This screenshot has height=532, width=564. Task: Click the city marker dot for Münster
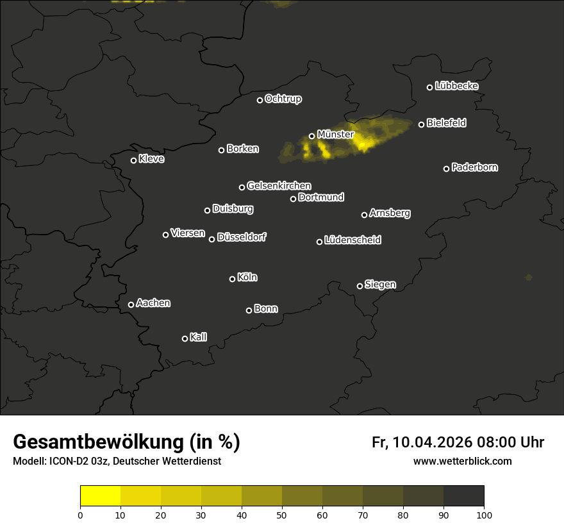[312, 136]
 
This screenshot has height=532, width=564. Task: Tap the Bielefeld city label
[446, 123]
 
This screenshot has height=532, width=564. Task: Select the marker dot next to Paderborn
[447, 169]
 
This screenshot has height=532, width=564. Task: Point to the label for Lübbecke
[456, 86]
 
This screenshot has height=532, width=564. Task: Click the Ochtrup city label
[283, 99]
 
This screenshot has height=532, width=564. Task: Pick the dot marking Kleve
[134, 160]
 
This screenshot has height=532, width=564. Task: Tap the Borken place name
[242, 149]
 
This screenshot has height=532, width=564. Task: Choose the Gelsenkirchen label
[279, 186]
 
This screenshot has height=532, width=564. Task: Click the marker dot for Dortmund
[294, 199]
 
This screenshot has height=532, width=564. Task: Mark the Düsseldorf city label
[242, 237]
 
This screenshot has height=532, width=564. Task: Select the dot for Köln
[233, 279]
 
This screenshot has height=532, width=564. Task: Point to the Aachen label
[153, 303]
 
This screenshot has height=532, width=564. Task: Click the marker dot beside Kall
[185, 338]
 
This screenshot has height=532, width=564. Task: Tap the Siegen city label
[380, 285]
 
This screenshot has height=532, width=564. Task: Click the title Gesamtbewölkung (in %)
[126, 442]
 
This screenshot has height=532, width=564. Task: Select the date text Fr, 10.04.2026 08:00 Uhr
[458, 442]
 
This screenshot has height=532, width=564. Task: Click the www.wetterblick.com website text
[462, 461]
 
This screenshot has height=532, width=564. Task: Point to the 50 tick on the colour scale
[282, 515]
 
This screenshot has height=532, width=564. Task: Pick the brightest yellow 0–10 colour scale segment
[101, 496]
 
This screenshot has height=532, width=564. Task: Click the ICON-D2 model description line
[117, 461]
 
